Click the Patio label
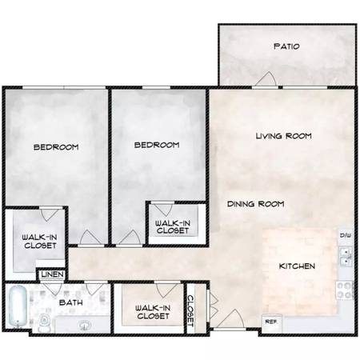pos(286,46)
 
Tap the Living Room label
pos(284,136)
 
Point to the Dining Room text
pos(255,204)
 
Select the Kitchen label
pos(297,266)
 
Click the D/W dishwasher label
pos(346,235)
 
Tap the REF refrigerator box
pos(271,323)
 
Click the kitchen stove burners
pos(344,290)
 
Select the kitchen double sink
pos(346,257)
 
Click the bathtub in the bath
pos(18,306)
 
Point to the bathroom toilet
pos(43,322)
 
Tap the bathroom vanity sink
pos(85,326)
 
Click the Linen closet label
pos(53,274)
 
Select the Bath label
pos(71,302)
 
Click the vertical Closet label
pos(190,310)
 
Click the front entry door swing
pos(230,318)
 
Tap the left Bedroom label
pos(56,147)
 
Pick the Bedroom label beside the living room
pos(157,145)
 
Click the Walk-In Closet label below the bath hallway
pos(153,312)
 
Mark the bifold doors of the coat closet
pos(214,305)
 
